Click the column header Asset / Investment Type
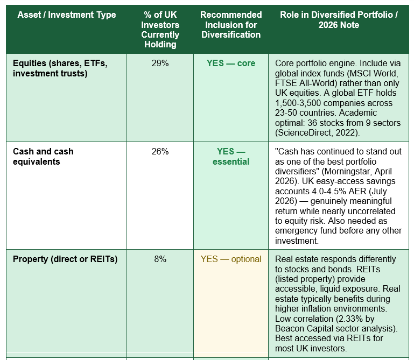pyautogui.click(x=67, y=15)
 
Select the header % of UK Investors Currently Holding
pyautogui.click(x=160, y=29)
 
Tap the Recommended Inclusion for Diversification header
pyautogui.click(x=231, y=25)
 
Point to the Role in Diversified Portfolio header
pyautogui.click(x=339, y=20)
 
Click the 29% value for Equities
pyautogui.click(x=160, y=63)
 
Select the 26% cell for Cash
pyautogui.click(x=160, y=152)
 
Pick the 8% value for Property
pyautogui.click(x=160, y=259)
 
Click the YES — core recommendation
pyautogui.click(x=231, y=63)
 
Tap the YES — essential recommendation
pyautogui.click(x=231, y=157)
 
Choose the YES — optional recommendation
pyautogui.click(x=231, y=259)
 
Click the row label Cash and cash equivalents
pyautogui.click(x=43, y=157)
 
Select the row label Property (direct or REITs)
pyautogui.click(x=65, y=259)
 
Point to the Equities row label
pyautogui.click(x=60, y=68)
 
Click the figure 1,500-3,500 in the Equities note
pyautogui.click(x=298, y=103)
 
